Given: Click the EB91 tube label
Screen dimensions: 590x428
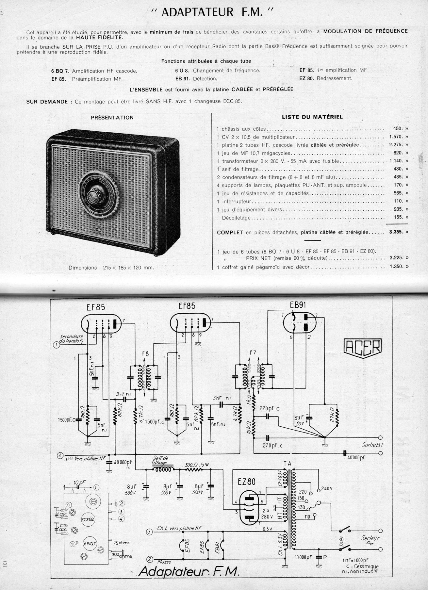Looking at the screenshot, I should (298, 304).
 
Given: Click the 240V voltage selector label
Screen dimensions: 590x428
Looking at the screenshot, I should (327, 489).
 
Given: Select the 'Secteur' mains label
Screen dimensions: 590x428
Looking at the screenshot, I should (370, 538).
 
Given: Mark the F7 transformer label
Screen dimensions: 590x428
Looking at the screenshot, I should (253, 352).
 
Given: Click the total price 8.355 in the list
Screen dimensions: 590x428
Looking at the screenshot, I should (397, 232).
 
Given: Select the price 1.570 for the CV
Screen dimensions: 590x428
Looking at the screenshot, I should (397, 137).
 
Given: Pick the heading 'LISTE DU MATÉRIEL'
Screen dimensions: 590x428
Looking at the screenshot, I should (312, 117).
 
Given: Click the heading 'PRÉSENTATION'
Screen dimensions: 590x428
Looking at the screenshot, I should (112, 118).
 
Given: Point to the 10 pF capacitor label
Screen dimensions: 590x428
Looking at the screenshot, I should (78, 483).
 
